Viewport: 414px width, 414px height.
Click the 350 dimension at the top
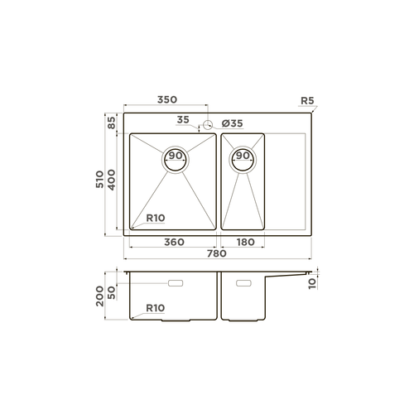pyautogui.click(x=167, y=99)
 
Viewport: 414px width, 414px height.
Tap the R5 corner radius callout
pyautogui.click(x=307, y=101)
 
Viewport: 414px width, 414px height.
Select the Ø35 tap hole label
pyautogui.click(x=233, y=123)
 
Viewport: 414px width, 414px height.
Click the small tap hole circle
pyautogui.click(x=208, y=125)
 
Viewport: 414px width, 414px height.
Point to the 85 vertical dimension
pyautogui.click(x=111, y=123)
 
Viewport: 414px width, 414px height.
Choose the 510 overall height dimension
pyautogui.click(x=99, y=180)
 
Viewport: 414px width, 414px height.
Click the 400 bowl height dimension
pyautogui.click(x=111, y=180)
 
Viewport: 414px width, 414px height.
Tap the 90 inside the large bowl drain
pyautogui.click(x=176, y=156)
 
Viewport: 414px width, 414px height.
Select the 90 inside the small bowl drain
pyautogui.click(x=243, y=156)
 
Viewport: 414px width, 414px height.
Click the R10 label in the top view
pyautogui.click(x=156, y=218)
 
